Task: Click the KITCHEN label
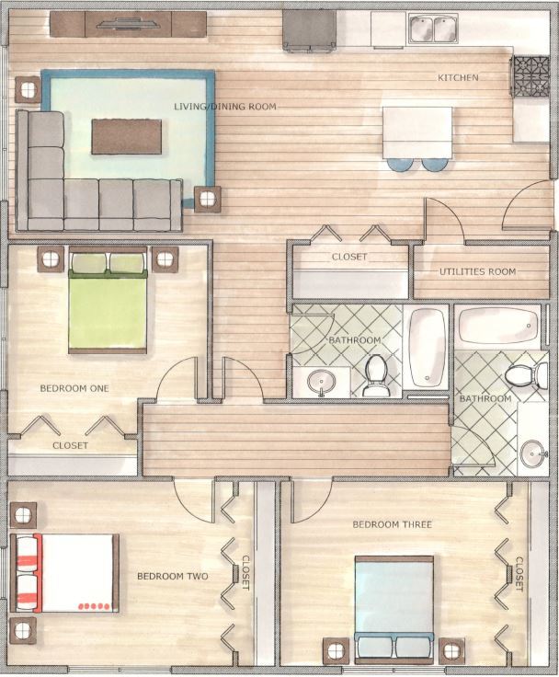coord(458,78)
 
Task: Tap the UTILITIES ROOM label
coord(477,271)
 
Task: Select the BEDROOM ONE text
coord(74,388)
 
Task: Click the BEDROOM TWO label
coord(172,577)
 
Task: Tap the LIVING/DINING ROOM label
coord(225,107)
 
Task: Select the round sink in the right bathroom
coord(533,453)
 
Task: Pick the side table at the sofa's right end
coord(208,198)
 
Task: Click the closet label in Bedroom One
coord(70,445)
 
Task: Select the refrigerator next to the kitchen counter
coord(309,29)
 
